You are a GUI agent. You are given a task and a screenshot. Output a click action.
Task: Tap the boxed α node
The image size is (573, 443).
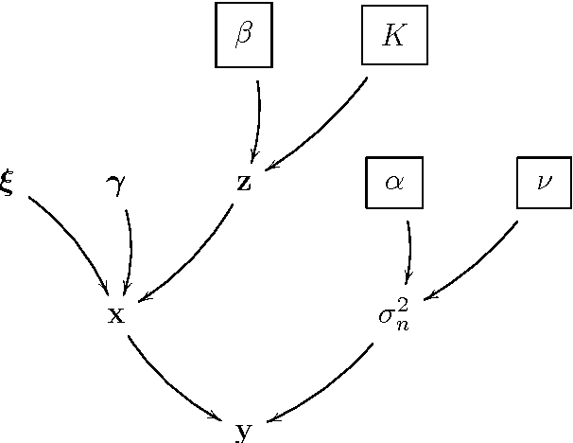click(394, 183)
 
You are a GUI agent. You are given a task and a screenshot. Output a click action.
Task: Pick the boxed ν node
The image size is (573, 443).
click(545, 183)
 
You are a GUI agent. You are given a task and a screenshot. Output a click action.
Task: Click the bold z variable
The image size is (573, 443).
click(244, 183)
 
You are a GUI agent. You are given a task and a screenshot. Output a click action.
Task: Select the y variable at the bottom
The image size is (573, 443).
click(244, 433)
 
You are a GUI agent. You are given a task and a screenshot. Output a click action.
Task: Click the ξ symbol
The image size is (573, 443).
click(8, 183)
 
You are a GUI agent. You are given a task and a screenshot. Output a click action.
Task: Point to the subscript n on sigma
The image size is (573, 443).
click(403, 320)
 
